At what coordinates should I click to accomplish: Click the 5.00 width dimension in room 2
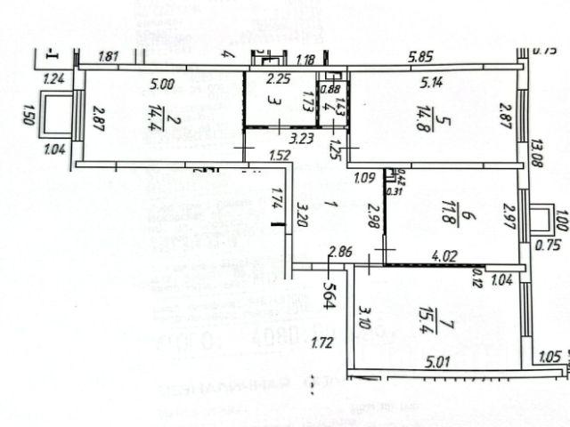(162, 85)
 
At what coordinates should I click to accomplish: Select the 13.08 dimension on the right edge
(536, 154)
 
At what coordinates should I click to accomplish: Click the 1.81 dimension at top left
(109, 58)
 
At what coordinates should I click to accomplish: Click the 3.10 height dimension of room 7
(364, 317)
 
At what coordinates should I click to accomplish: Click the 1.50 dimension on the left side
(29, 115)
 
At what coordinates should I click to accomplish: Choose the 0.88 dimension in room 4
(330, 88)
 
